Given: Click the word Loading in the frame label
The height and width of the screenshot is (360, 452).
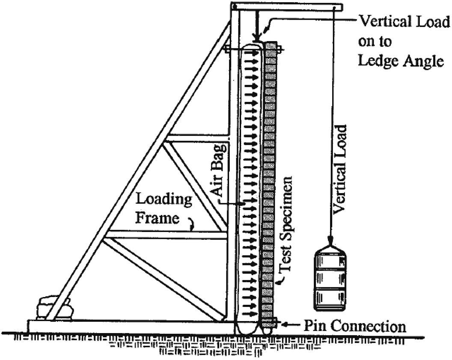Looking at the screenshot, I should click(164, 200).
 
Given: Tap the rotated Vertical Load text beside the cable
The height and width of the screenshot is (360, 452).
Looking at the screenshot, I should click(341, 169).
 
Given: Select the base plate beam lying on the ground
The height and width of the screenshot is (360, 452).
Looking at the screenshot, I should click(128, 326).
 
